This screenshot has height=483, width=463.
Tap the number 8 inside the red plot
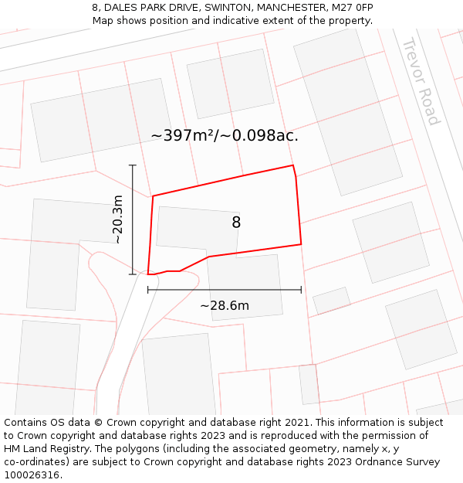point(236,223)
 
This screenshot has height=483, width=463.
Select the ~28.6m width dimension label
point(225,305)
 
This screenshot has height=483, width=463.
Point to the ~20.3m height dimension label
point(117,219)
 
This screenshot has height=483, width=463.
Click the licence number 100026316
point(33,474)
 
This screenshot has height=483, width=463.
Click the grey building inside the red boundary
point(197,229)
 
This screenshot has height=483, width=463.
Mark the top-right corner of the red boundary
point(292,165)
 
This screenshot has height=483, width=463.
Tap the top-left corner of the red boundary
point(153,196)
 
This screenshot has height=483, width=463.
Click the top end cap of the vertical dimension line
point(133,165)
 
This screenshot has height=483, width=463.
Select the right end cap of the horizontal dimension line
point(301,290)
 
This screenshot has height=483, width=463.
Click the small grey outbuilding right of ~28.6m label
point(331,300)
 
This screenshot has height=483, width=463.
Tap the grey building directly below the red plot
point(245,286)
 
